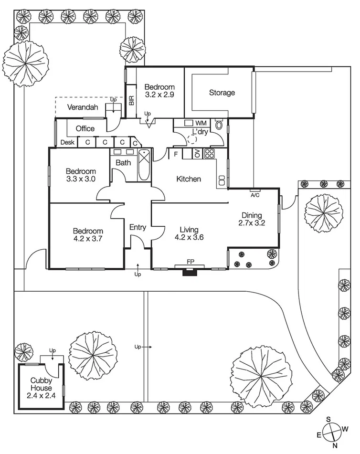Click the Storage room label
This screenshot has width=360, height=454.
click(222, 93)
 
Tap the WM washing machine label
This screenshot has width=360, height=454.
click(201, 123)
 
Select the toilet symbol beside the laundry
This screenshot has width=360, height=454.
click(219, 125)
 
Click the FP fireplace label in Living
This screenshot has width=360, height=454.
click(191, 262)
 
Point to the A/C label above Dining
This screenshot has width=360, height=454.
click(255, 195)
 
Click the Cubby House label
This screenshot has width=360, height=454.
click(41, 384)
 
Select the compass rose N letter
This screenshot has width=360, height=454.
click(335, 445)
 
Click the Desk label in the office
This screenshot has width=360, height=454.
click(67, 142)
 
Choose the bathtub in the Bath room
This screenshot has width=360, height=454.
click(144, 164)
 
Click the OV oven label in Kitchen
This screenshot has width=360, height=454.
click(197, 154)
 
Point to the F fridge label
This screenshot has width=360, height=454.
click(176, 154)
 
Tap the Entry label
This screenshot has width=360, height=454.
click(138, 227)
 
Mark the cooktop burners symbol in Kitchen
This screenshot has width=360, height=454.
click(209, 154)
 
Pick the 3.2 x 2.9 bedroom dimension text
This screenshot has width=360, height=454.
click(159, 95)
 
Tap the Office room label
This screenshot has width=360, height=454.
click(85, 128)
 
